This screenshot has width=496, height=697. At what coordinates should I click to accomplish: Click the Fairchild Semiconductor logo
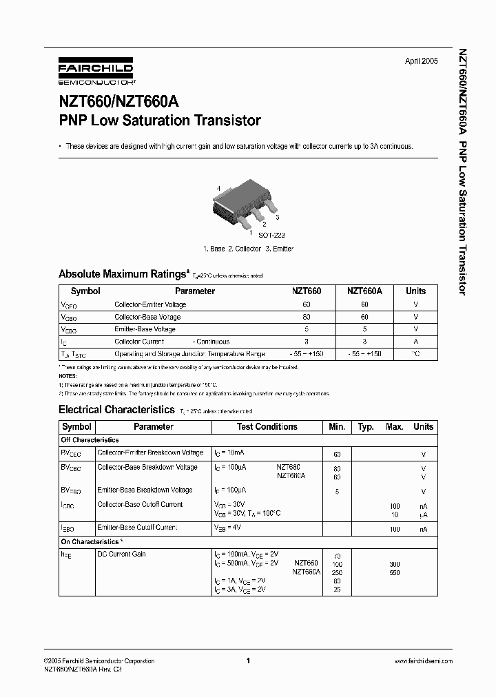point(96,71)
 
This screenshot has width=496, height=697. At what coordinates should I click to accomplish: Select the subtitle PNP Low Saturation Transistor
point(160,121)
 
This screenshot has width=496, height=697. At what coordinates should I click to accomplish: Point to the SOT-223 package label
point(254,235)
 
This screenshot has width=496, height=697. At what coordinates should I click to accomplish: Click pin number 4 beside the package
point(218,188)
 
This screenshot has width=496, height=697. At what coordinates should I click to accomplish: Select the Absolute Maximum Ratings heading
point(123,273)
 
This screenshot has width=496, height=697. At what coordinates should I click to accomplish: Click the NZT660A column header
point(364,291)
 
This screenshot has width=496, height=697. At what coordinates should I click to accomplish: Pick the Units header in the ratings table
point(415,291)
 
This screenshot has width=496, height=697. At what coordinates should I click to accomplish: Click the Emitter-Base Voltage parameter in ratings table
point(145,329)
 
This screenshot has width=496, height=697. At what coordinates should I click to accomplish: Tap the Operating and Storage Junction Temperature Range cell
point(189,354)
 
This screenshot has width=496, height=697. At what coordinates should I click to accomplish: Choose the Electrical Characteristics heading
point(116,409)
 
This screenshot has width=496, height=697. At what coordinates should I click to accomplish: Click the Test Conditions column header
point(267,426)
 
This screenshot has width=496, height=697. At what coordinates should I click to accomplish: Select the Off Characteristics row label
point(90,439)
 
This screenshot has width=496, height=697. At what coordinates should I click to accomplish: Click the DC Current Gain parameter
point(122,554)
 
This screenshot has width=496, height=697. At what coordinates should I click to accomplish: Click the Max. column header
point(394,426)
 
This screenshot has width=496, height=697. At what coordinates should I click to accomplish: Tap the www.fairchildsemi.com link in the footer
point(423,660)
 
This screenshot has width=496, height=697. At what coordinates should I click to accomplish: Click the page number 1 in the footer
point(247,660)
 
